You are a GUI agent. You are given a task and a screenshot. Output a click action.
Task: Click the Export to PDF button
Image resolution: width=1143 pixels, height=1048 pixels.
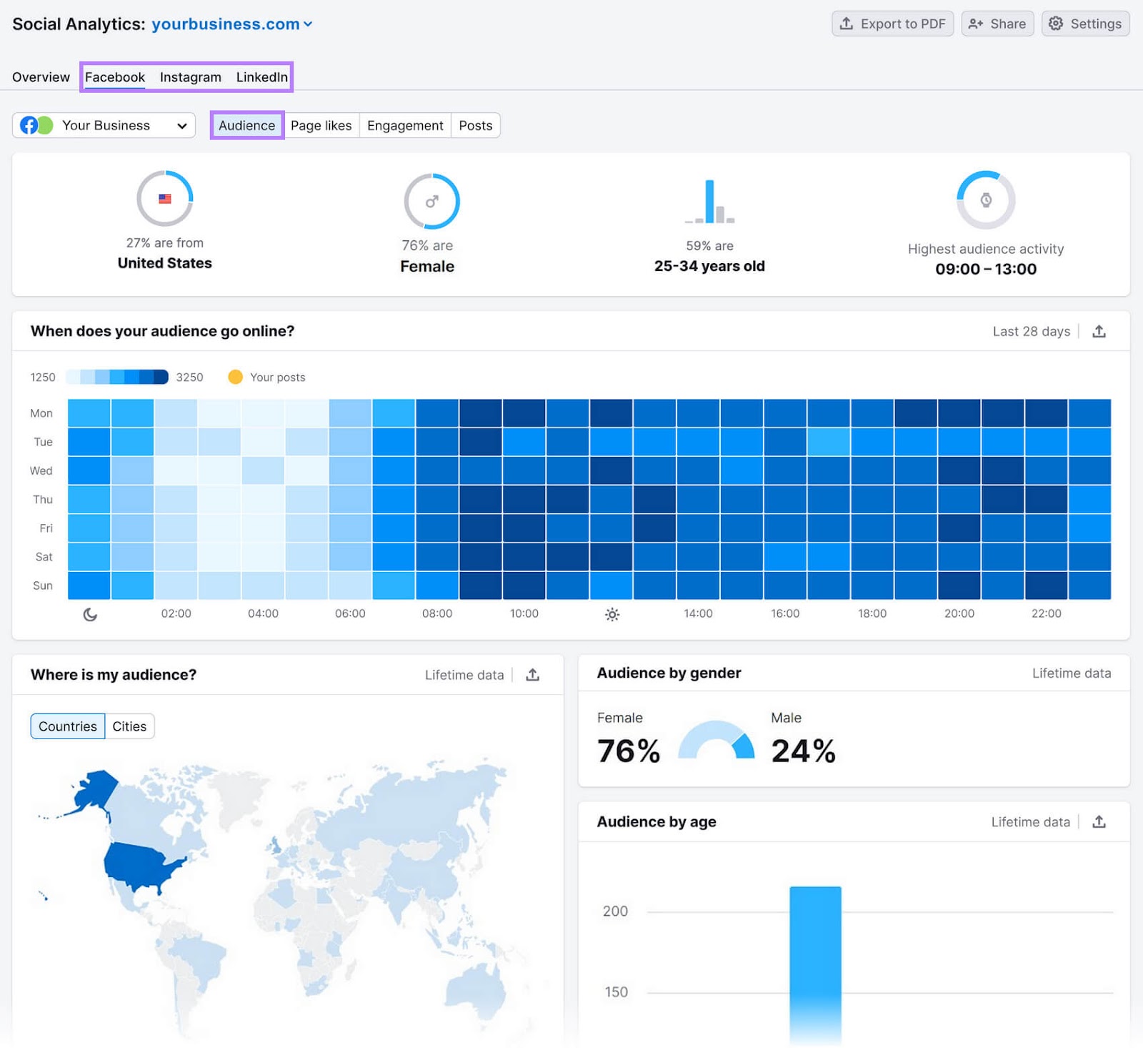tap(892, 24)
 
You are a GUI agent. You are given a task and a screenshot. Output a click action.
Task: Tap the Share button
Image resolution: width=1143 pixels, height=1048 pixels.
tap(997, 24)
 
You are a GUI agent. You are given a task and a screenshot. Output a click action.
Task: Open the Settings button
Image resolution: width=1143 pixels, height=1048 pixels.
tap(1085, 24)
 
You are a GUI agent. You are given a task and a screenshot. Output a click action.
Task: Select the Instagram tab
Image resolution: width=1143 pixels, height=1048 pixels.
tap(190, 77)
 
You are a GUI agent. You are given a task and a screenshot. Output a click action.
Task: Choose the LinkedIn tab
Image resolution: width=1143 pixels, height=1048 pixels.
tap(261, 77)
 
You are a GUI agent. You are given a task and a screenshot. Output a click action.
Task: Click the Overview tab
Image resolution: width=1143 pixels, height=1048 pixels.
tap(41, 77)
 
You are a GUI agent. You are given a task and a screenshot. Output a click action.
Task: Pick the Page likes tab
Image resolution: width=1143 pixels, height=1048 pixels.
tap(321, 126)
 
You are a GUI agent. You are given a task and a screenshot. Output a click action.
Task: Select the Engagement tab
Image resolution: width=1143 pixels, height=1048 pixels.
tap(405, 126)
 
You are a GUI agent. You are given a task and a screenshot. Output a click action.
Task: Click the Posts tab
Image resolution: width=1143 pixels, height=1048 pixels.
tap(475, 126)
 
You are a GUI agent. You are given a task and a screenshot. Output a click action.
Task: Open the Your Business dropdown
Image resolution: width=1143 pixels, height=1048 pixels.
tap(104, 126)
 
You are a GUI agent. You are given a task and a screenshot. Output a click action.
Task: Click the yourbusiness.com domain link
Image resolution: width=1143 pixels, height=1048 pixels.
tap(226, 24)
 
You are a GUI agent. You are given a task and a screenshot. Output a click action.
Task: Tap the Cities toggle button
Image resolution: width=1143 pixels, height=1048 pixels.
tap(129, 726)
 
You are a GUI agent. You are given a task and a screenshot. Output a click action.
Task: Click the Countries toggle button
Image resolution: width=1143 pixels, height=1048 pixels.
tap(68, 726)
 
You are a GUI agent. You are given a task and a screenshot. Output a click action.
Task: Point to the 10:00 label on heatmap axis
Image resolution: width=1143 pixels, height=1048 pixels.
tap(524, 613)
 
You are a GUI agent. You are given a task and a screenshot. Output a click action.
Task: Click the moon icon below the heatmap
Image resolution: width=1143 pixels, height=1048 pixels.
tap(90, 614)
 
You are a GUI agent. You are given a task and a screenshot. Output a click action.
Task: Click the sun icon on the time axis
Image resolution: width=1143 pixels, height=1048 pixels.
tap(612, 614)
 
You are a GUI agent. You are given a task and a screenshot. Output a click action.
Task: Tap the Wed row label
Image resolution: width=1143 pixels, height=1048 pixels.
tap(41, 470)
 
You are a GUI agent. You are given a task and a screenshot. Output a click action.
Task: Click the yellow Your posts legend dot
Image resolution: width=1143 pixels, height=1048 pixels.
tap(235, 377)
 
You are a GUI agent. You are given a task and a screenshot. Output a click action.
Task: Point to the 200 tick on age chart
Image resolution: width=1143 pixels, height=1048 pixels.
tap(615, 911)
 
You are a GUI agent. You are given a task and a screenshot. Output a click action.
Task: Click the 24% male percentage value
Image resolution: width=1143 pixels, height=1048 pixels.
tap(803, 751)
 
